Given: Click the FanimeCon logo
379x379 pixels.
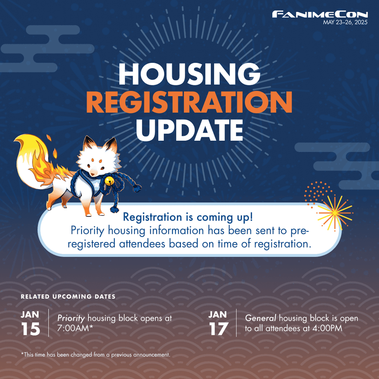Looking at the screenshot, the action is (320, 14).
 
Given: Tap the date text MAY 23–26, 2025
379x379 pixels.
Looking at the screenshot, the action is (345, 23).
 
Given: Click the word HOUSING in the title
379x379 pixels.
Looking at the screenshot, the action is (189, 74).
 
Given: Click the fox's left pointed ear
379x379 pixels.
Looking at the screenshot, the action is (87, 145).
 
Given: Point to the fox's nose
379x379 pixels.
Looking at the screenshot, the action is (92, 174).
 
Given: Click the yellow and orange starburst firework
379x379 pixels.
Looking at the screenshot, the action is (335, 213).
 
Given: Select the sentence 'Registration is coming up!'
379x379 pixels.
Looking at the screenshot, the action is (188, 217).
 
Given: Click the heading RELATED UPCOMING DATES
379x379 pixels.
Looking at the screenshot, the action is (68, 296).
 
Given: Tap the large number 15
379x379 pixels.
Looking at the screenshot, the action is (30, 329).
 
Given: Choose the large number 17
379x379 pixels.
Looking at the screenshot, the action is (218, 329).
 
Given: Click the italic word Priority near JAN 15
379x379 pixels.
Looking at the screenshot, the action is (71, 318).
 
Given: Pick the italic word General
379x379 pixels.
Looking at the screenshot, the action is (261, 318).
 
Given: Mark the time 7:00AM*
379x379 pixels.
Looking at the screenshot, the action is (75, 328).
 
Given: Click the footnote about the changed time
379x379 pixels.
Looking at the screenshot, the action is (96, 355).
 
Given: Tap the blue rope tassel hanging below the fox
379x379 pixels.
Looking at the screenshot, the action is (114, 208).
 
